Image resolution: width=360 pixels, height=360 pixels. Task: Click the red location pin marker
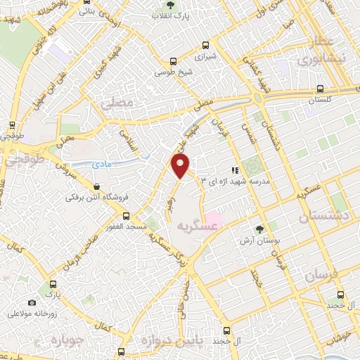point(181,166)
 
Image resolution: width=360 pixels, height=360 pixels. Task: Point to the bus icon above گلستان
point(321,89)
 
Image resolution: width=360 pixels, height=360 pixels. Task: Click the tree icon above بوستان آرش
point(260,229)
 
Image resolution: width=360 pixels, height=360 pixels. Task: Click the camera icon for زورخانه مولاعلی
point(32,303)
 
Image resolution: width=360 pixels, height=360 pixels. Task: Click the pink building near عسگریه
point(212,221)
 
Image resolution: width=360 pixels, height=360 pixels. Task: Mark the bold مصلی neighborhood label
point(117,103)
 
